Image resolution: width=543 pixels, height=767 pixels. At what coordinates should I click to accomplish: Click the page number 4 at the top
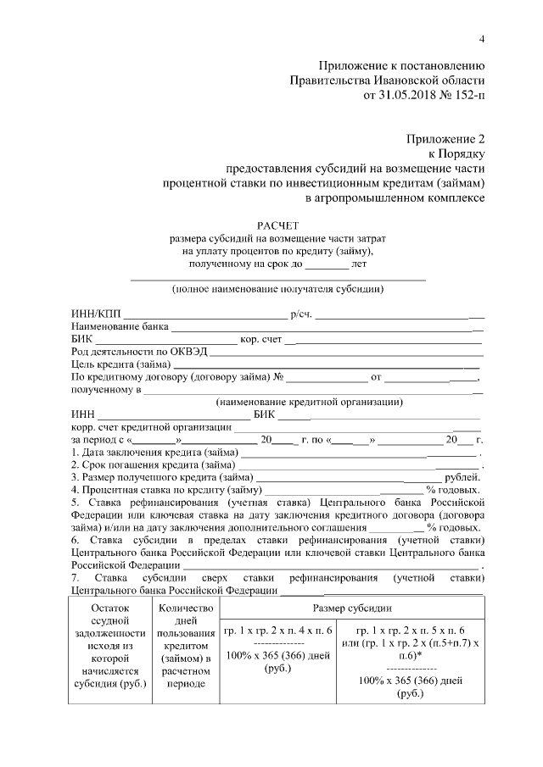(481, 39)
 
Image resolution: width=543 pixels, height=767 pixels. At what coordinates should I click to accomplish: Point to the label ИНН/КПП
(92, 314)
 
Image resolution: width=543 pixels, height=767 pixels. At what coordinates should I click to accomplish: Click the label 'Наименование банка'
(120, 326)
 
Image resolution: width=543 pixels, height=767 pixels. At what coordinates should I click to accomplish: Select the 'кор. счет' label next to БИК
(260, 339)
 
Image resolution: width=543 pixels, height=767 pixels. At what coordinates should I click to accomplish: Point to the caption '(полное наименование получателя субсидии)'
(277, 289)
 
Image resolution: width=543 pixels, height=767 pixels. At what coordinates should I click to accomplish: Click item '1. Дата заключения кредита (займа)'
(154, 452)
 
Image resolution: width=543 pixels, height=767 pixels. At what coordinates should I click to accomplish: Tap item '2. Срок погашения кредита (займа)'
(153, 464)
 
